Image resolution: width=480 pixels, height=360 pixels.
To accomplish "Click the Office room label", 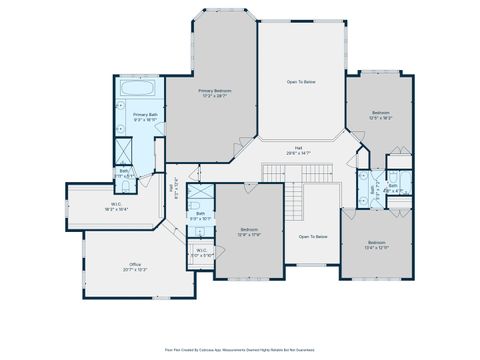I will tap(135, 265).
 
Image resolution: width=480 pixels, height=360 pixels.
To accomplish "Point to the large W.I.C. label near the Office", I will tap(117, 207).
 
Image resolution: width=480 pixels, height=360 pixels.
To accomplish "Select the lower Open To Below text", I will tap(313, 237).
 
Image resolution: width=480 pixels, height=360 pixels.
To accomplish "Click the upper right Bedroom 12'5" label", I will tap(381, 115).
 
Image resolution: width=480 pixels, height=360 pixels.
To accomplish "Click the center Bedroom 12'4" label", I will tap(249, 232).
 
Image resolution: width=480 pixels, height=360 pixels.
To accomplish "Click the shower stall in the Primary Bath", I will tap(124, 152).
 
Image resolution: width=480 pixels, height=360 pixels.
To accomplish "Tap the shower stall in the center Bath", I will tap(198, 195).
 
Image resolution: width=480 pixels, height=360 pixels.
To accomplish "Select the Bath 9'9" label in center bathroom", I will tap(200, 215).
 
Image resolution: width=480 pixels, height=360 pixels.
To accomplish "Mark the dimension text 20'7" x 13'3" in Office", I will tap(135, 270).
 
